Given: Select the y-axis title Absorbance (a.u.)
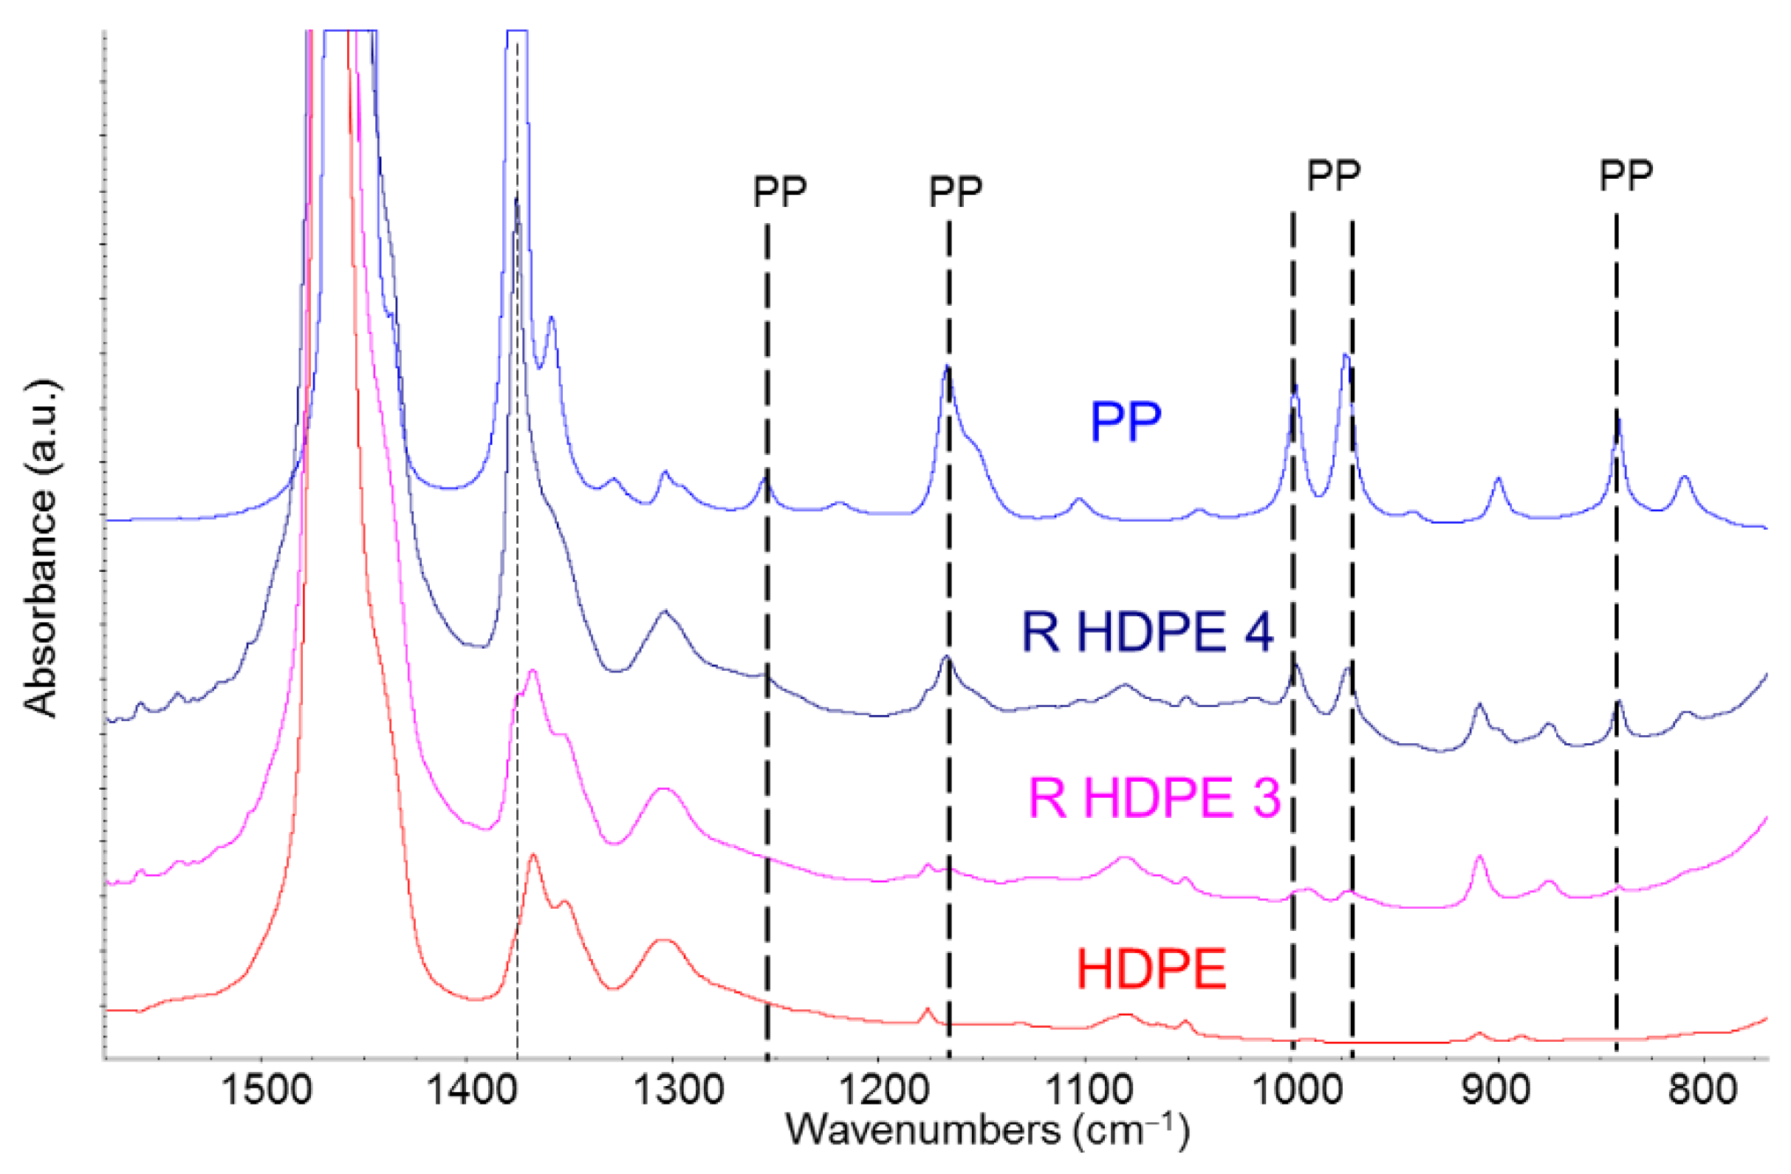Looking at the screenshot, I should (42, 550).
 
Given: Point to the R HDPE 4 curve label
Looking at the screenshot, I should (1147, 632).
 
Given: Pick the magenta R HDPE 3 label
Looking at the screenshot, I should (1154, 799).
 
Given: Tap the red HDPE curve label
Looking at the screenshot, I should (1152, 969).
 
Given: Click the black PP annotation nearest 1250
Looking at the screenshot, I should (780, 193).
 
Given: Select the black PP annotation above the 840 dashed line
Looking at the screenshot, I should (1626, 175).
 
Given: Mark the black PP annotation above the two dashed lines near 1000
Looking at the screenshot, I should (1334, 175).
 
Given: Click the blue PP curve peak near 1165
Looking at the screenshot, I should (947, 367).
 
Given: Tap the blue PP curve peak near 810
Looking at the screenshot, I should (1684, 477).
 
